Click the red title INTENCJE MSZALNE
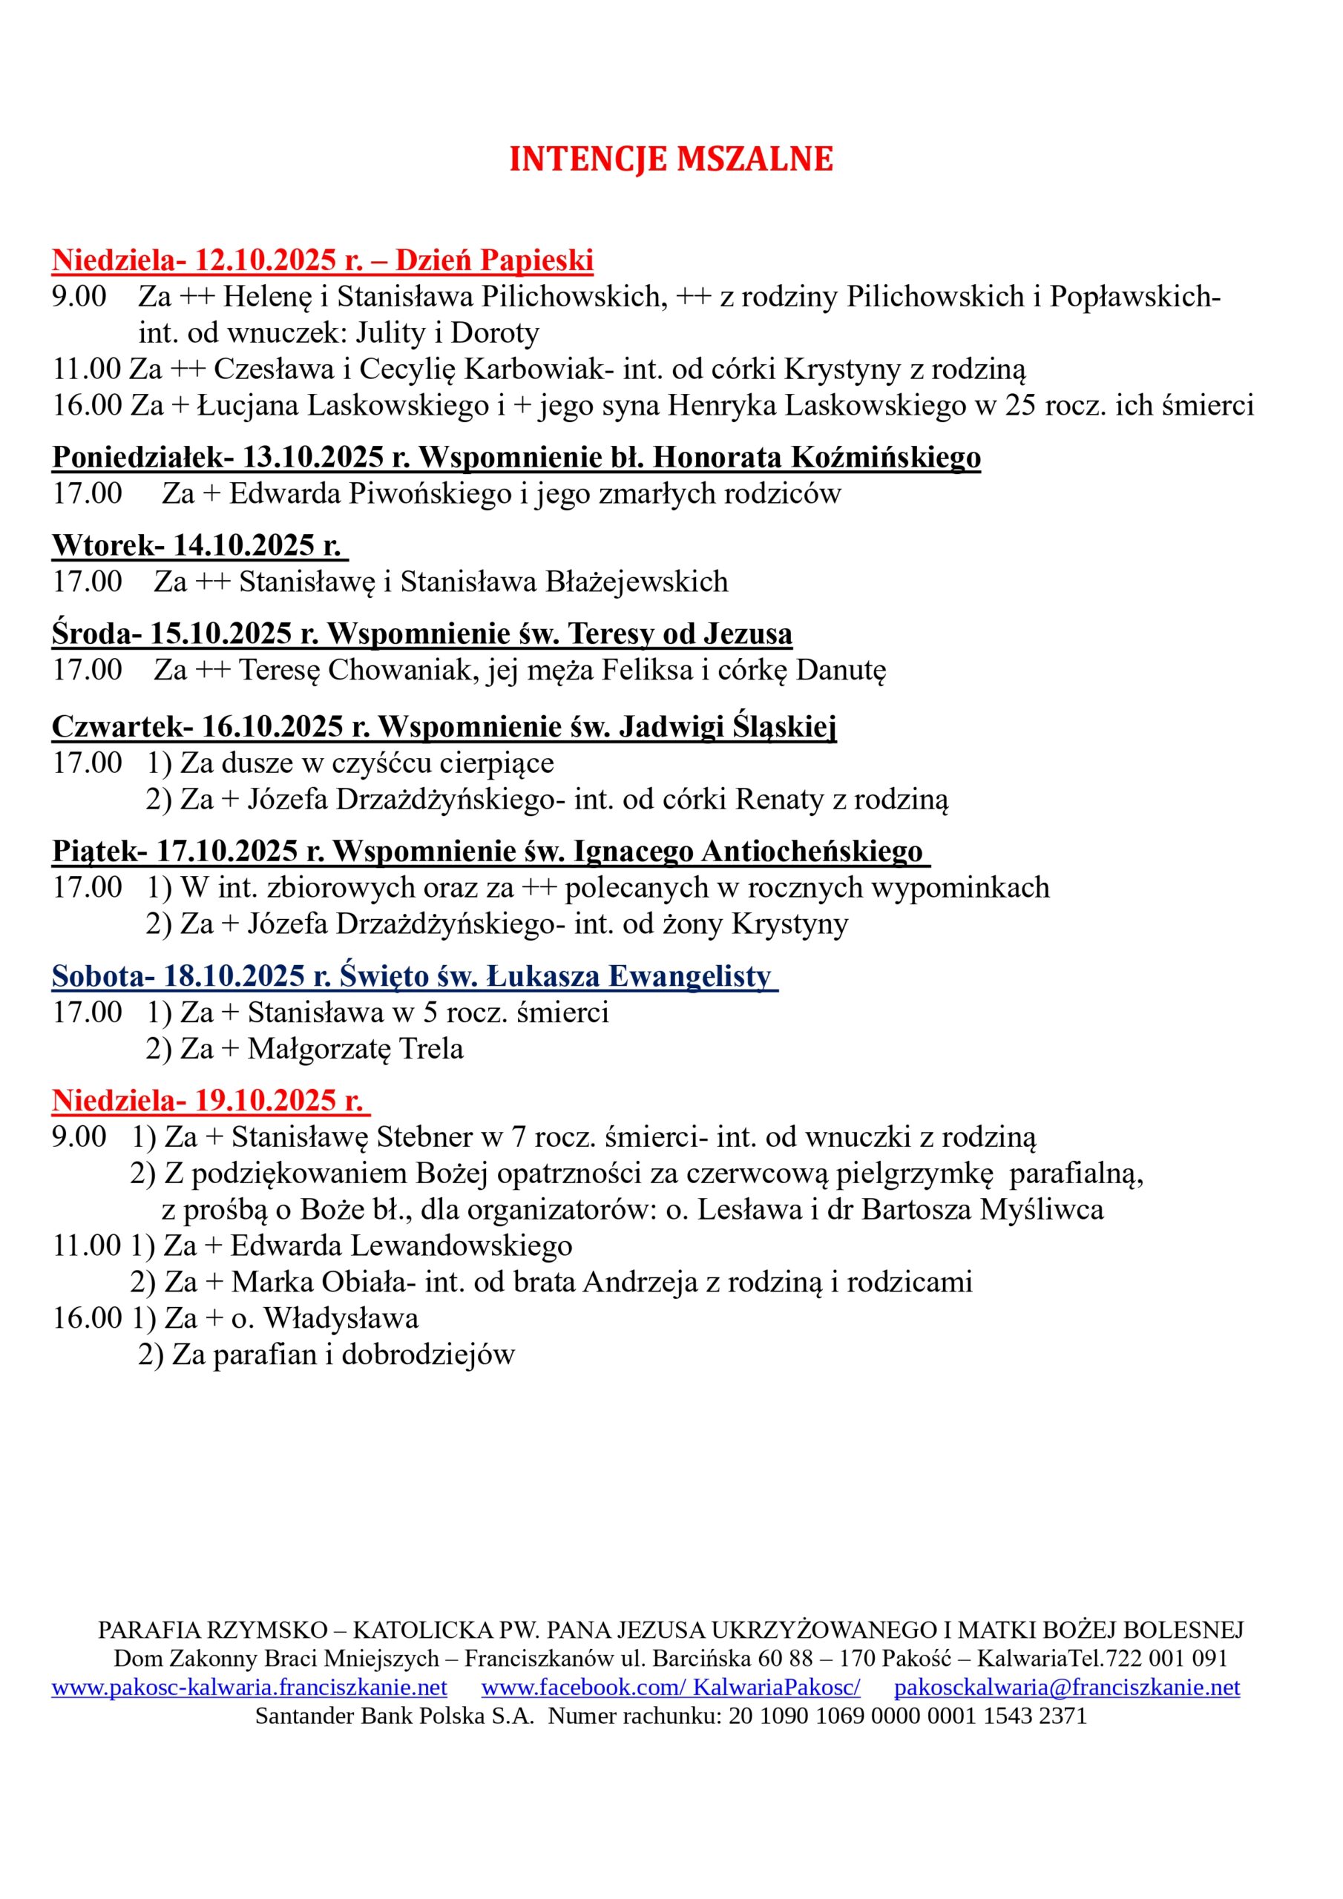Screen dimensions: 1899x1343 click(670, 159)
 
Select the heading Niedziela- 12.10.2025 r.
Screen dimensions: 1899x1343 click(208, 260)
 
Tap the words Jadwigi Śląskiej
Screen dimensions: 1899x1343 click(727, 726)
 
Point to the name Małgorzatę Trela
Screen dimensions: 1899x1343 click(355, 1048)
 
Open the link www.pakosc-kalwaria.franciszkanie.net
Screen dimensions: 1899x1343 click(249, 1688)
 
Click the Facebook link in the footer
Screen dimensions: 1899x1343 click(670, 1688)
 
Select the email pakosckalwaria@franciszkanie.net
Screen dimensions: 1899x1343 click(1067, 1688)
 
